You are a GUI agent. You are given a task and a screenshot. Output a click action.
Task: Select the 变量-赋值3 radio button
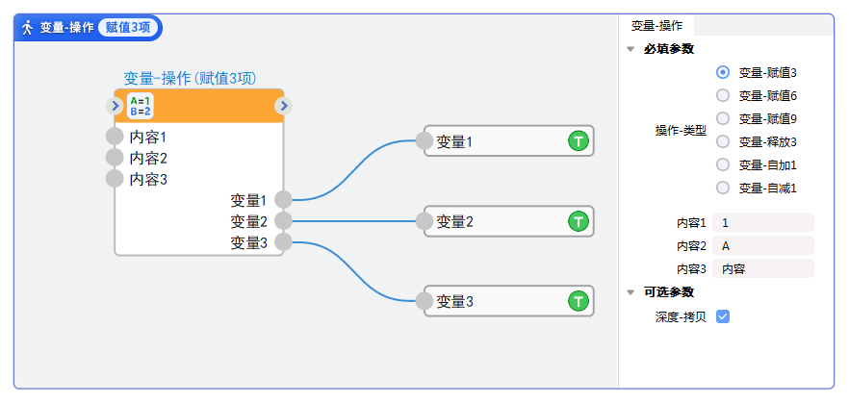click(x=724, y=71)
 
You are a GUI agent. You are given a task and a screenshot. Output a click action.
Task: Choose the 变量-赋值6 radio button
click(x=724, y=95)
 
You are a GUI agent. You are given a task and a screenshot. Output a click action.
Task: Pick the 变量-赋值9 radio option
click(x=724, y=118)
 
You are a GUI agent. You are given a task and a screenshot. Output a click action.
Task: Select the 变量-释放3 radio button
click(x=724, y=141)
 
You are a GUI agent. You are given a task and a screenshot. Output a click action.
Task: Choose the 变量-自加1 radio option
click(x=724, y=164)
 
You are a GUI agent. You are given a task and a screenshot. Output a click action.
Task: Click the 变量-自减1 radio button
click(x=724, y=188)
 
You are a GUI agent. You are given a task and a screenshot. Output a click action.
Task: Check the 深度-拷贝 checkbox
click(x=723, y=316)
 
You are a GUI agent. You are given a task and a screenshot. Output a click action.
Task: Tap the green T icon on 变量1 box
click(x=578, y=142)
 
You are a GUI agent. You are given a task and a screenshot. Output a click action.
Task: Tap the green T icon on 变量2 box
click(x=578, y=222)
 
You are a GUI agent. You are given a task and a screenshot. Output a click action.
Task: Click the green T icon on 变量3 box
click(x=578, y=302)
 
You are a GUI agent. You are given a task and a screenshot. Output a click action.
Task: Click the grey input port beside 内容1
click(x=115, y=137)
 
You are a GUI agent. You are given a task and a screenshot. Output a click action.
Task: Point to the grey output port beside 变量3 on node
click(x=283, y=242)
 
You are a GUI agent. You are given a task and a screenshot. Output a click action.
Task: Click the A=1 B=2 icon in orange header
click(x=141, y=106)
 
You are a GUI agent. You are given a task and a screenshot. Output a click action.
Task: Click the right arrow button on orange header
click(x=283, y=106)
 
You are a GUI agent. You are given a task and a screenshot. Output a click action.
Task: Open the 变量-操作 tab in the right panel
click(x=656, y=25)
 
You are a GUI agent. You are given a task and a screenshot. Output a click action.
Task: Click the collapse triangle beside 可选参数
click(x=630, y=292)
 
